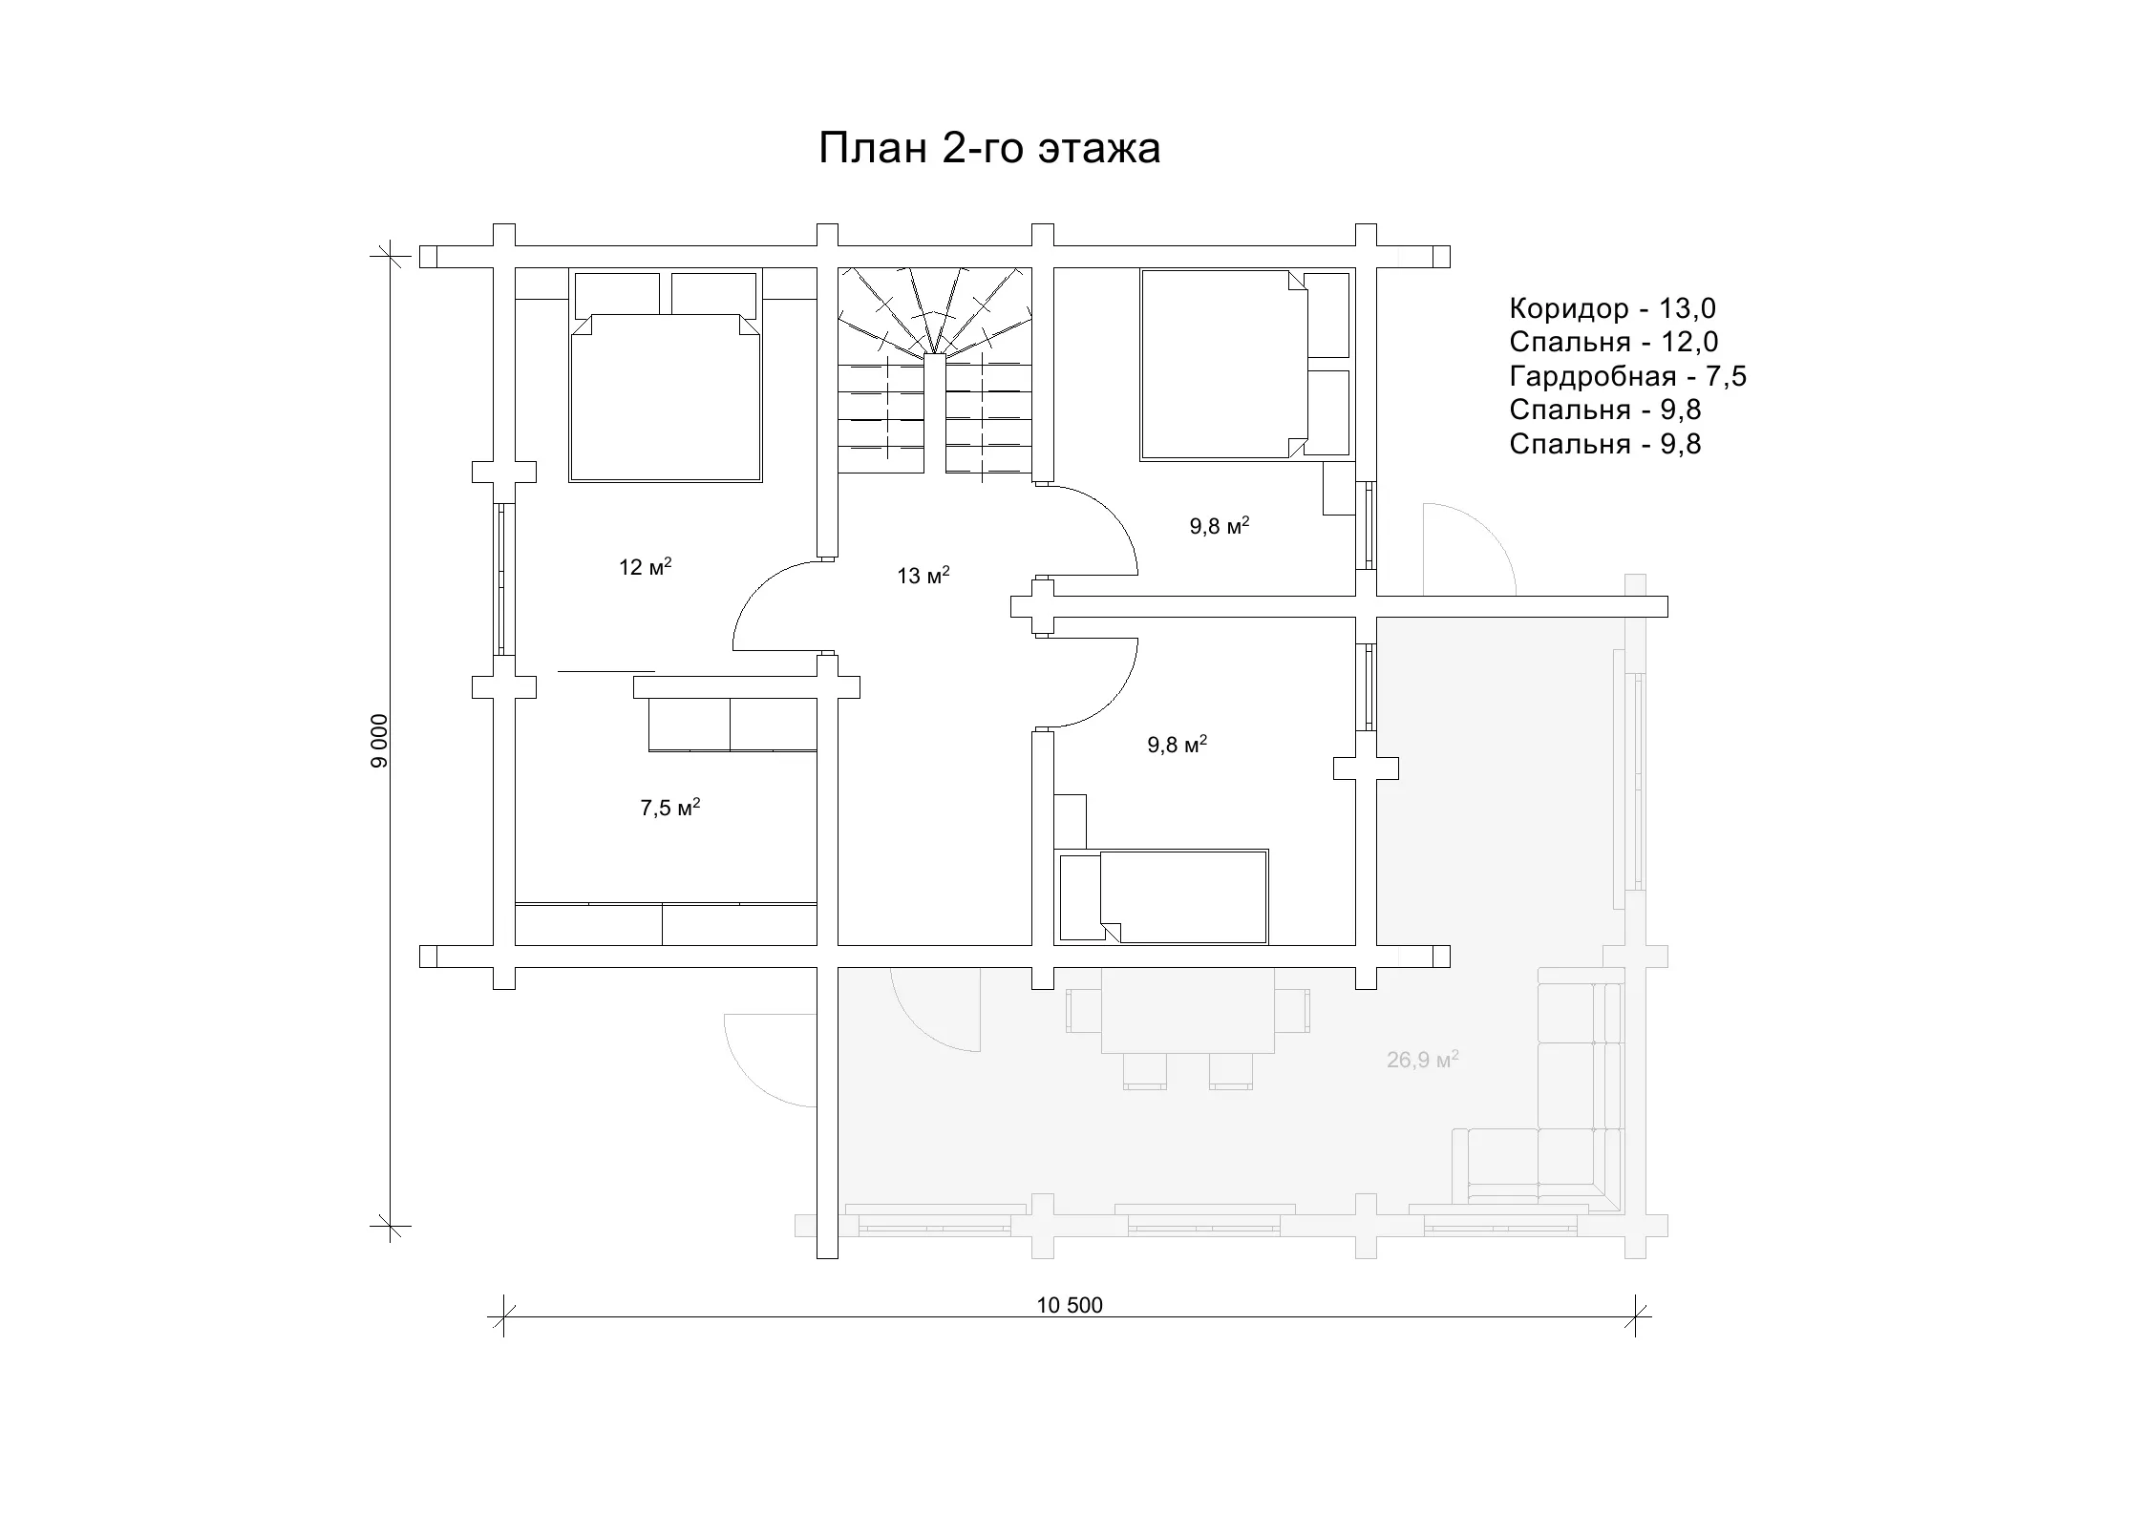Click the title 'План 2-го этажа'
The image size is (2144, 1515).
pyautogui.click(x=989, y=149)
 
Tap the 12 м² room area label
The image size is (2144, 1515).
pyautogui.click(x=645, y=567)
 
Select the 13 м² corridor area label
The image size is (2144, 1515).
pyautogui.click(x=923, y=576)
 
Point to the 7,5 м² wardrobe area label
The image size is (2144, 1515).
pyautogui.click(x=669, y=808)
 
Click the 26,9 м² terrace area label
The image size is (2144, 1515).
pyautogui.click(x=1422, y=1059)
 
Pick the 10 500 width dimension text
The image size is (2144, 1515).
pyautogui.click(x=1070, y=1305)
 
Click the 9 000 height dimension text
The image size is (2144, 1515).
pyautogui.click(x=381, y=741)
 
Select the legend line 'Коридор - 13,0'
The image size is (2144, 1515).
pyautogui.click(x=1612, y=308)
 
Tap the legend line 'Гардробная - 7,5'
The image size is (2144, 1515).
pyautogui.click(x=1627, y=376)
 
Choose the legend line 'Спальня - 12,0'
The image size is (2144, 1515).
pyautogui.click(x=1614, y=342)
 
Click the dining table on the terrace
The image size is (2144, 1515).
pyautogui.click(x=1187, y=1010)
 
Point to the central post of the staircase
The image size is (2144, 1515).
pyautogui.click(x=934, y=413)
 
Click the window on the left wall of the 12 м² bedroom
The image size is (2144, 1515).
pyautogui.click(x=499, y=579)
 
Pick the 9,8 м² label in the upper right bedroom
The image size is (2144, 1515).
pyautogui.click(x=1220, y=526)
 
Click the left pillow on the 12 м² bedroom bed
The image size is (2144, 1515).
pyautogui.click(x=617, y=294)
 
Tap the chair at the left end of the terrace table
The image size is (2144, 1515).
pyautogui.click(x=1084, y=1010)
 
